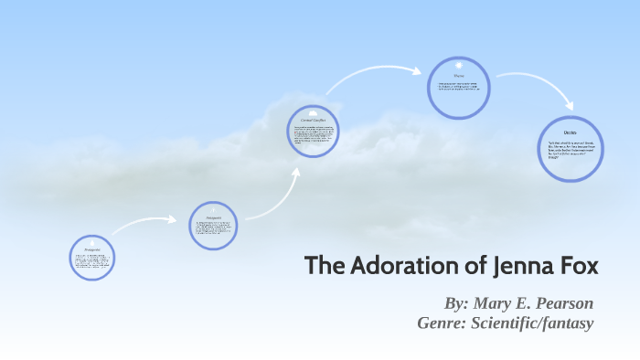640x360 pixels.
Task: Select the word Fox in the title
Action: coord(576,267)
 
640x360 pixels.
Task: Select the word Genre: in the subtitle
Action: coord(442,323)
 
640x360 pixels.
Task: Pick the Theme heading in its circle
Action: coord(458,77)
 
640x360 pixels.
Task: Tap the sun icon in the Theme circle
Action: coord(458,67)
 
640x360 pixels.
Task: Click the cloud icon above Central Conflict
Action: coord(314,112)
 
